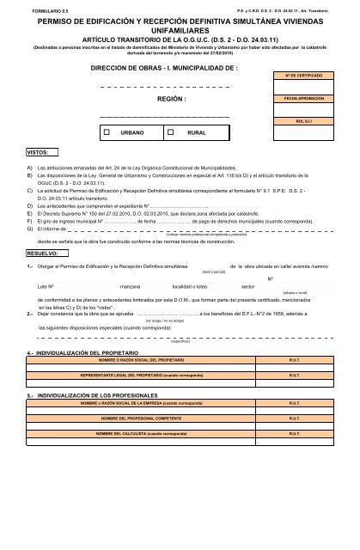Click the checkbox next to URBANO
tap(107, 133)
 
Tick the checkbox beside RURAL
tap(171, 133)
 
